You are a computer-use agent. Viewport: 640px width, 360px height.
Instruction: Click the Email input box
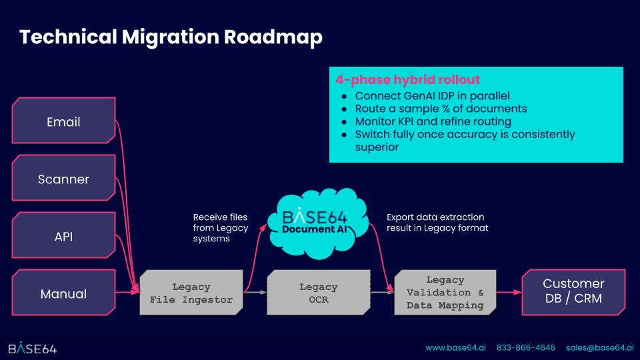click(63, 122)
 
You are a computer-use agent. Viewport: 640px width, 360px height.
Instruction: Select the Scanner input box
click(63, 179)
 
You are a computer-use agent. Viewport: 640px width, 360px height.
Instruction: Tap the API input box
click(63, 237)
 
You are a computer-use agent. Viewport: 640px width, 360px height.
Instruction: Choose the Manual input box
click(63, 294)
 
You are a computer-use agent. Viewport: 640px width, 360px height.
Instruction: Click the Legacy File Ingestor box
click(191, 293)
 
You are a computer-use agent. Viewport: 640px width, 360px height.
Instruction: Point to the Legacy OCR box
click(318, 293)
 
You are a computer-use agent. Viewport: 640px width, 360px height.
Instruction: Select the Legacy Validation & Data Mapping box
click(445, 292)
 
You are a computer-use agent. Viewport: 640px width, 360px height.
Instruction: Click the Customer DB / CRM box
click(573, 291)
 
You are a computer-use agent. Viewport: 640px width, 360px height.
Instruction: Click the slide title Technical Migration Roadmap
click(171, 37)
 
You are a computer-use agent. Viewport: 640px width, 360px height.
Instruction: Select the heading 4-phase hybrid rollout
click(407, 80)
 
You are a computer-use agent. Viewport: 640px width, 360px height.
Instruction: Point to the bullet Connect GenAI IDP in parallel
click(432, 96)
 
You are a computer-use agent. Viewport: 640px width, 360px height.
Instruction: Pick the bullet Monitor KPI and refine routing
click(433, 121)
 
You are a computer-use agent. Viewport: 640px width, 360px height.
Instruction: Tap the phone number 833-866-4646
click(526, 348)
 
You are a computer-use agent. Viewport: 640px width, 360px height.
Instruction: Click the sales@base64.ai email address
click(600, 348)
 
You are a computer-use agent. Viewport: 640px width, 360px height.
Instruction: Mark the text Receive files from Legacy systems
click(220, 227)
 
